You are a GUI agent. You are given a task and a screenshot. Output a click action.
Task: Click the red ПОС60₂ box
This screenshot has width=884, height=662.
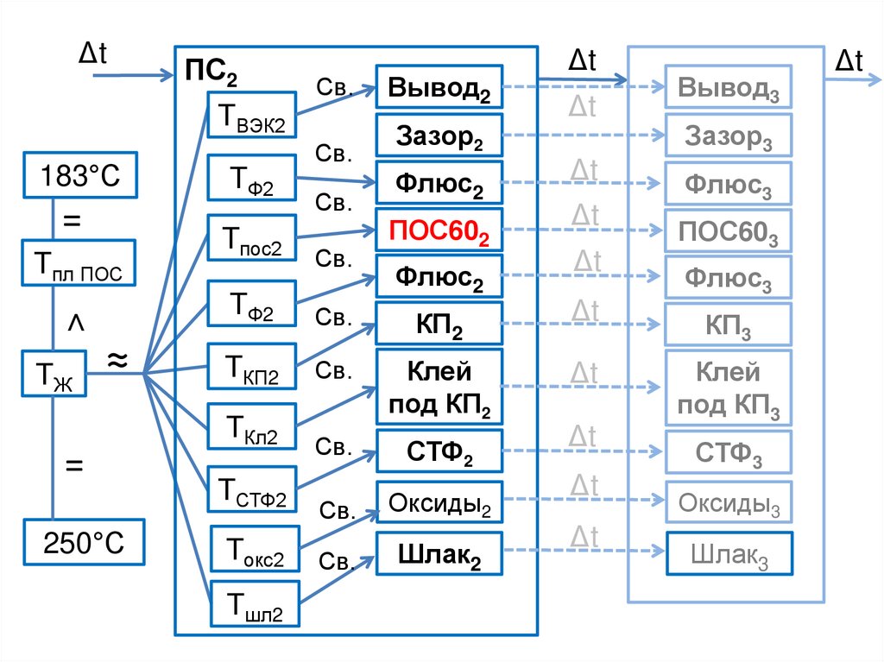[x=439, y=230]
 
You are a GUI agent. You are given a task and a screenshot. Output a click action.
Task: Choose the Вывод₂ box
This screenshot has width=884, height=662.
[x=439, y=87]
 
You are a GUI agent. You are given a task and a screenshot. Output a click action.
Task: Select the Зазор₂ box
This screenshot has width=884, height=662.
[x=439, y=135]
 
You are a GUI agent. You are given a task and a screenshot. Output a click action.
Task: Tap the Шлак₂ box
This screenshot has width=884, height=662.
[x=439, y=554]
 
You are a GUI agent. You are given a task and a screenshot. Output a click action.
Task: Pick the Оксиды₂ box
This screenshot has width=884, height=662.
[x=439, y=502]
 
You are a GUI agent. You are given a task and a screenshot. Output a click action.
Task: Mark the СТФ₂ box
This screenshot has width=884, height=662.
[x=439, y=450]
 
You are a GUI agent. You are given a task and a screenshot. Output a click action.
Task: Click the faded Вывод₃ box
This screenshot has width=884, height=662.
[x=728, y=87]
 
